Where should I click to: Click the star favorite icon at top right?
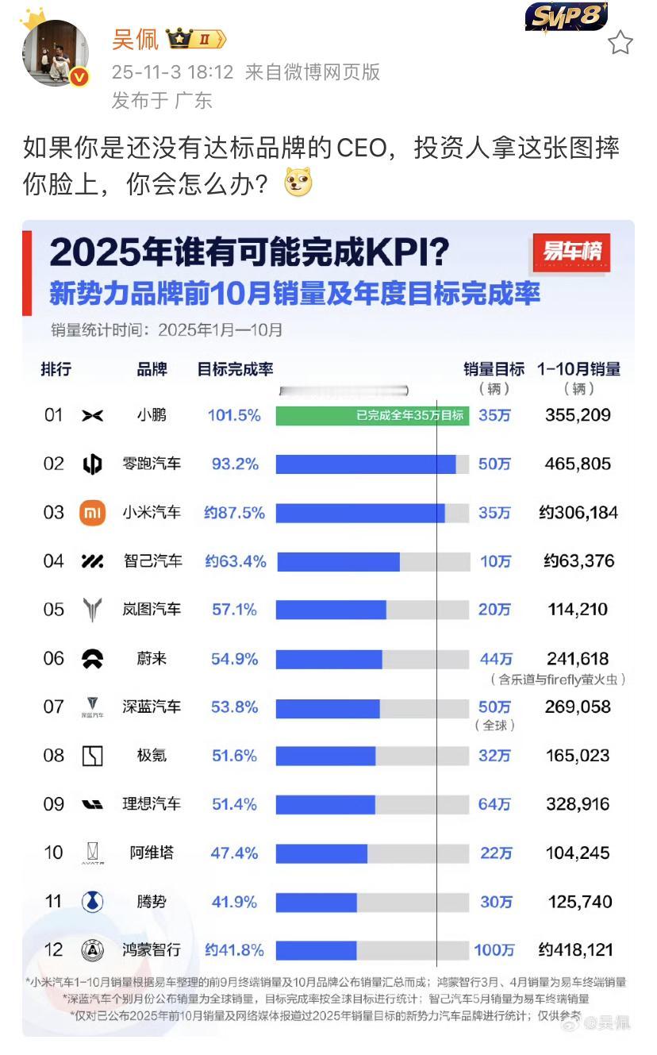(x=620, y=43)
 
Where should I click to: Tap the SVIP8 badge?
(x=566, y=17)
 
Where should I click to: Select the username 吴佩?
(x=135, y=39)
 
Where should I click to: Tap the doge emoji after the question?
(x=298, y=184)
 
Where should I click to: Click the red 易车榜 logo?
(x=572, y=253)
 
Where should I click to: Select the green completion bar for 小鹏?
(x=372, y=416)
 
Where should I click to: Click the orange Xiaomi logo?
(x=93, y=513)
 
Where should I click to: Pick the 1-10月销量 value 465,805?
(x=578, y=464)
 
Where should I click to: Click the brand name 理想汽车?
(x=151, y=804)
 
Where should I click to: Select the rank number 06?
(x=53, y=659)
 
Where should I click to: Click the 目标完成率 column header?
(x=235, y=370)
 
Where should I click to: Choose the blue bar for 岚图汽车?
(x=331, y=610)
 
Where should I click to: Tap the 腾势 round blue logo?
(x=93, y=902)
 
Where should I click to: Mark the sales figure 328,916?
(x=578, y=804)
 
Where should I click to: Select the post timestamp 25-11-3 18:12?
(x=172, y=73)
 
